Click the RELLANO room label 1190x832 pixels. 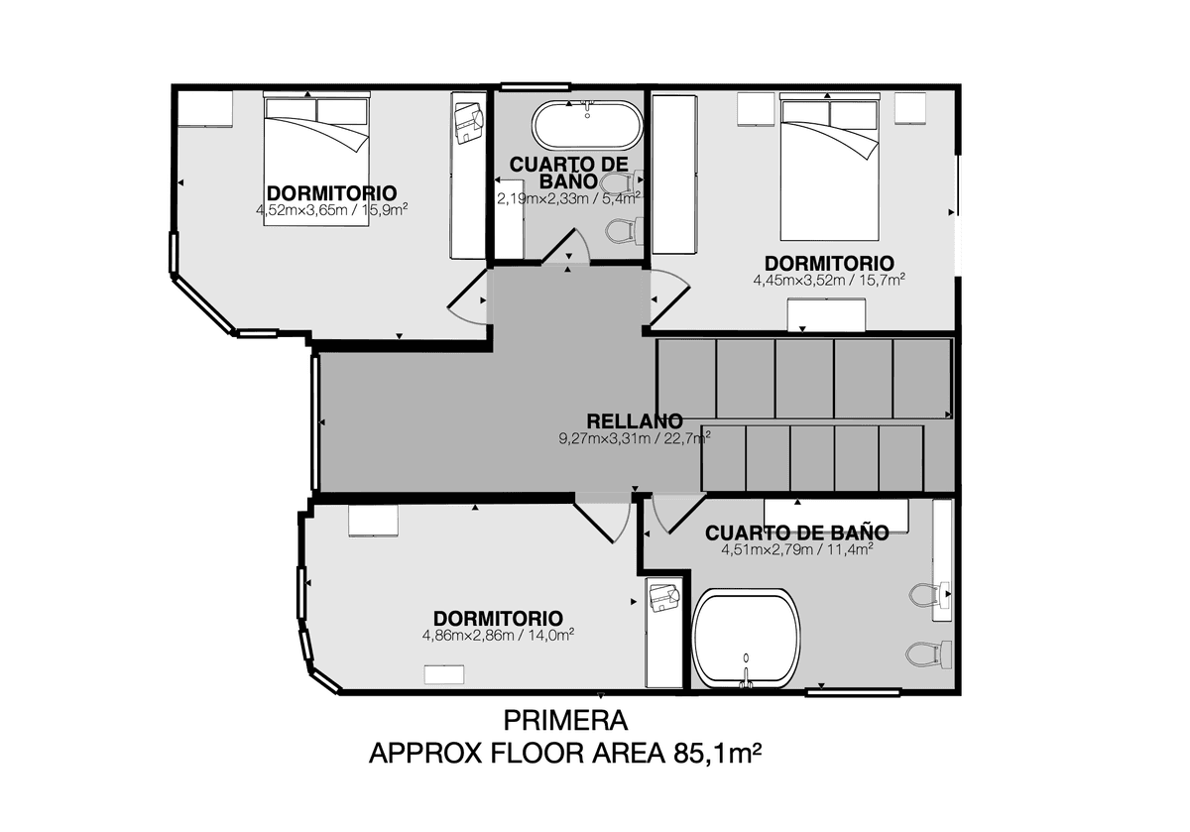[x=635, y=421]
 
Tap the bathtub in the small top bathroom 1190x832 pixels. [x=587, y=125]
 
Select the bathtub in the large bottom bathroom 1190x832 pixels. [x=747, y=639]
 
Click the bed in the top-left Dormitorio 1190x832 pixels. [x=316, y=159]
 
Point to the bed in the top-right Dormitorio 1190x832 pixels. [x=829, y=167]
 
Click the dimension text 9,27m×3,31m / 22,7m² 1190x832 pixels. [x=635, y=438]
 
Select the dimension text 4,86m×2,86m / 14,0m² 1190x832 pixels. [x=498, y=635]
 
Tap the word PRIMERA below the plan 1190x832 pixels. [x=565, y=721]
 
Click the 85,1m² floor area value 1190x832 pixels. [x=717, y=753]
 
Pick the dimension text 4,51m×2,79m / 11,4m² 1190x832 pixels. [x=797, y=549]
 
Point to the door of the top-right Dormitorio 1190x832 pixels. [x=669, y=297]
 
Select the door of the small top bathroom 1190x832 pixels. [x=566, y=246]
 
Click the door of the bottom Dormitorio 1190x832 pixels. [x=603, y=519]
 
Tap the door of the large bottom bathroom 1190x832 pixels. [x=678, y=514]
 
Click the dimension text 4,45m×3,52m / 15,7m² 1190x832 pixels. [x=829, y=280]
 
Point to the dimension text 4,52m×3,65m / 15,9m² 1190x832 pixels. [x=331, y=210]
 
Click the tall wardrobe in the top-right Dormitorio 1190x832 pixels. [x=674, y=175]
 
